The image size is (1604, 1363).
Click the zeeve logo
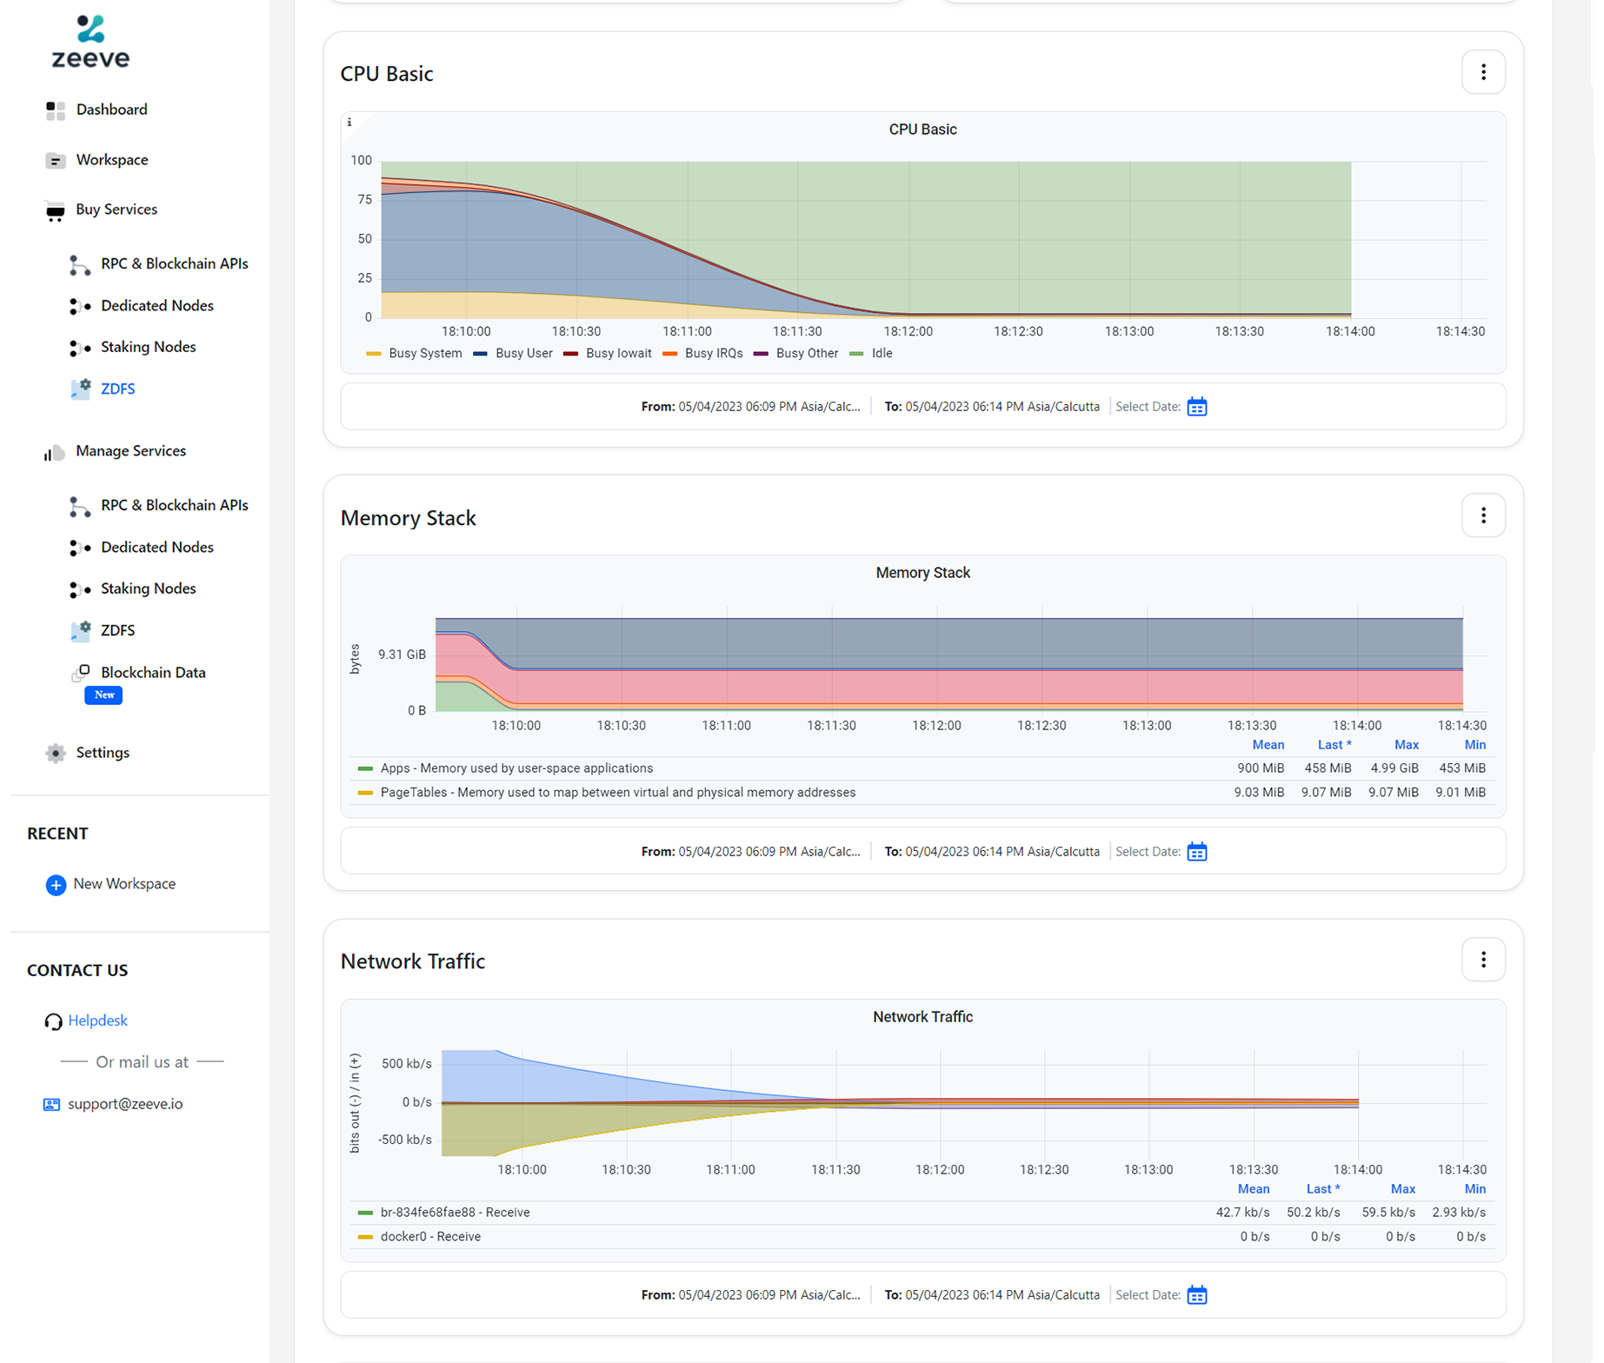coord(90,42)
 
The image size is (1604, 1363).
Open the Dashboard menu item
coord(111,110)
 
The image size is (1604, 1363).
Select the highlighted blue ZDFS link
coord(117,389)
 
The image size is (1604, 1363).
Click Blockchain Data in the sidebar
coord(153,672)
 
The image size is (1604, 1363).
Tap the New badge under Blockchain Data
coord(103,695)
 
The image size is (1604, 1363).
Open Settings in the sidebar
coord(102,753)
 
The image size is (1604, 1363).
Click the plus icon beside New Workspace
coord(56,885)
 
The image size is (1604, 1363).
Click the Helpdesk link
coord(97,1021)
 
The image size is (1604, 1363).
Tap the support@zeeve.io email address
coord(125,1104)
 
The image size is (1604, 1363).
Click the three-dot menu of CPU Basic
coord(1482,72)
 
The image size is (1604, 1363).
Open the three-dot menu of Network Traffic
coord(1482,960)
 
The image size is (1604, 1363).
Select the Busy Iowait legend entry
coord(617,354)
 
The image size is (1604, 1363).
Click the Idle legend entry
coord(881,354)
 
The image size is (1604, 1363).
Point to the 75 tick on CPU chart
coord(364,200)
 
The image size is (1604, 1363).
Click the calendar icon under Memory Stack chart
coord(1196,852)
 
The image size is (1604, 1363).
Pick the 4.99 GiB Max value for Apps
coord(1394,768)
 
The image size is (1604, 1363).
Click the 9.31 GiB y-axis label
coord(402,655)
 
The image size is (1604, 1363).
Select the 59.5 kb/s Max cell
coord(1388,1213)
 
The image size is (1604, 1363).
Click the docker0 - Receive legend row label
coord(430,1237)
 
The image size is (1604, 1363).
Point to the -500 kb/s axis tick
coord(404,1140)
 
